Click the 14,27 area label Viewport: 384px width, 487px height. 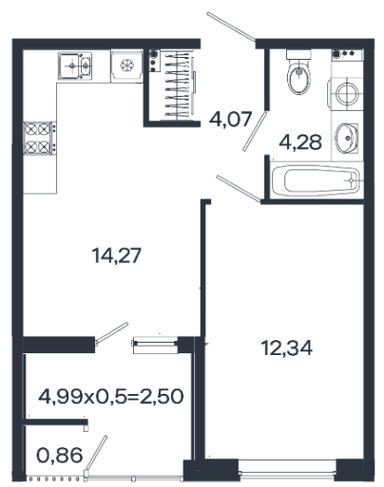pyautogui.click(x=116, y=255)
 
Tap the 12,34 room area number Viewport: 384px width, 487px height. pyautogui.click(x=287, y=347)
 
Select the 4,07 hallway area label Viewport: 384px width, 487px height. pyautogui.click(x=230, y=120)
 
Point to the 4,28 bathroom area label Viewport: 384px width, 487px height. pyautogui.click(x=300, y=142)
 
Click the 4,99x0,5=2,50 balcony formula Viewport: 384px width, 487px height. pyautogui.click(x=110, y=396)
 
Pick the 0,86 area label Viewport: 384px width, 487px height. pyautogui.click(x=60, y=456)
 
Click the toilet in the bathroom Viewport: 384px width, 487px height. pyautogui.click(x=298, y=72)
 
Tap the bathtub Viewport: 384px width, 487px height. pyautogui.click(x=316, y=180)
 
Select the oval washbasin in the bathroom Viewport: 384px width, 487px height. pyautogui.click(x=347, y=139)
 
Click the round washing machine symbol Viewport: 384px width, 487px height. pyautogui.click(x=346, y=94)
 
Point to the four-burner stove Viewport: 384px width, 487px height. pyautogui.click(x=40, y=138)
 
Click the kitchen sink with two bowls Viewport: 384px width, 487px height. pyautogui.click(x=75, y=66)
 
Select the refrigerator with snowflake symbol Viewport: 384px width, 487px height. pyautogui.click(x=126, y=66)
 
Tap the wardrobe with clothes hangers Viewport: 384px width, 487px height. pyautogui.click(x=175, y=84)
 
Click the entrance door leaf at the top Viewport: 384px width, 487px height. pyautogui.click(x=231, y=27)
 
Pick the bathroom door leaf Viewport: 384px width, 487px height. pyautogui.click(x=255, y=131)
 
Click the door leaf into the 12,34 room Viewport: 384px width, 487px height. pyautogui.click(x=239, y=189)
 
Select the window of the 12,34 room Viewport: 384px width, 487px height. pyautogui.click(x=287, y=471)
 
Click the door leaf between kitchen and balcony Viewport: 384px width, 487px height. pyautogui.click(x=112, y=333)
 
